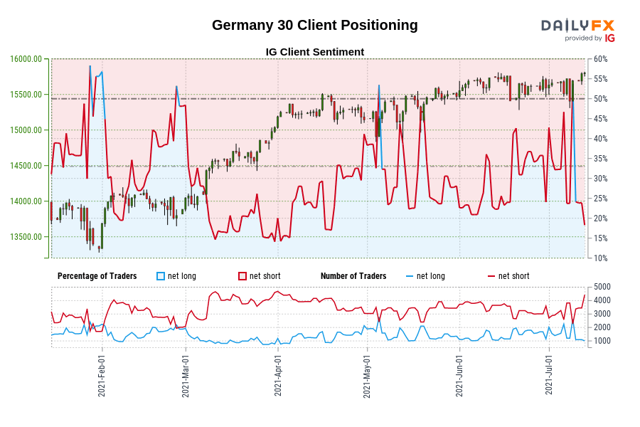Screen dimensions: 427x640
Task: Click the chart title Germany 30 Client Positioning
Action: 314,25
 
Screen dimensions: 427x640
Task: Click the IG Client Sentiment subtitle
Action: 314,52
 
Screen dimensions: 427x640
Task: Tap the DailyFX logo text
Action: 577,26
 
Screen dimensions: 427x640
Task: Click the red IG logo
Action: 609,38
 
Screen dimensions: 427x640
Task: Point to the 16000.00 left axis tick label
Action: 26,59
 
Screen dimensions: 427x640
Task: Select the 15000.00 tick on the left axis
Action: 26,130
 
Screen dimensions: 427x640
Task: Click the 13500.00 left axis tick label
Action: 26,237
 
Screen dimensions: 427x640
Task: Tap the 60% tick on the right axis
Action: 600,59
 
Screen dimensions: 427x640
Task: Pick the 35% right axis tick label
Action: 600,158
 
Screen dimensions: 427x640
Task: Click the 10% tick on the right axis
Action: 600,258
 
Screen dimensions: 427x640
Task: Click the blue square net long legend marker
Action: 161,276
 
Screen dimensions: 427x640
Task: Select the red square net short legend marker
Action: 242,276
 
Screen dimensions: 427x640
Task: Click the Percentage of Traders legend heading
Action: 97,276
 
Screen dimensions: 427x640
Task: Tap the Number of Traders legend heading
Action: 353,276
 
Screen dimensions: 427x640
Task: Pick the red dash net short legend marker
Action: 491,276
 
